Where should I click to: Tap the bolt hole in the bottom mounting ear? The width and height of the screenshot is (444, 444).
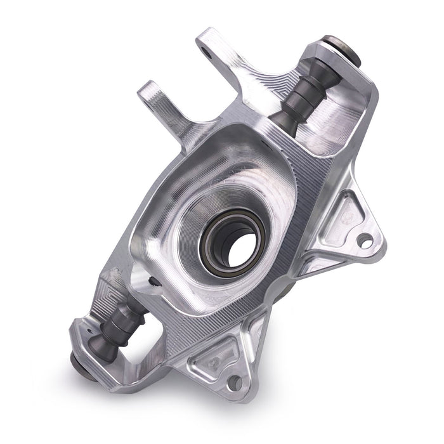(x=235, y=382)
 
